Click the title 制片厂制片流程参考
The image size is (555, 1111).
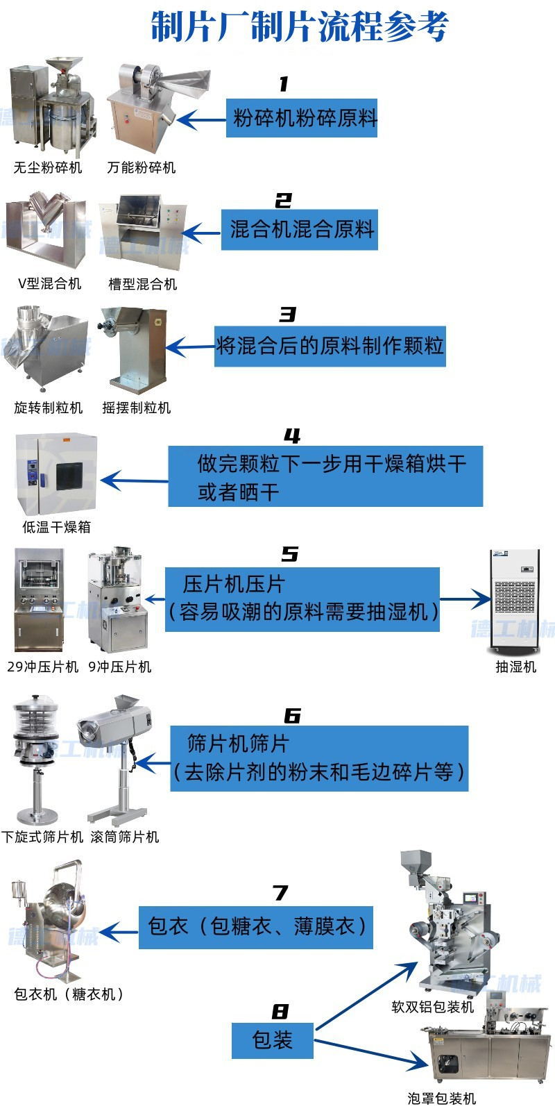pyautogui.click(x=300, y=28)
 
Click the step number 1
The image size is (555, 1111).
pyautogui.click(x=283, y=85)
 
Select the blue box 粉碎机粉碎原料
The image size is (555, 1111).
pyautogui.click(x=302, y=118)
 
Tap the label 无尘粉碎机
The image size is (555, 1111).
pyautogui.click(x=48, y=167)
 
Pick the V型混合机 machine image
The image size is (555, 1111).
pyautogui.click(x=46, y=230)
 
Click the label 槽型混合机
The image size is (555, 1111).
pyautogui.click(x=142, y=284)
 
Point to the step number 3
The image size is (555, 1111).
pyautogui.click(x=287, y=315)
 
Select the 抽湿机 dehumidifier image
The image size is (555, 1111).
pyautogui.click(x=515, y=601)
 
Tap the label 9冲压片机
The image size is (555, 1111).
pyautogui.click(x=120, y=667)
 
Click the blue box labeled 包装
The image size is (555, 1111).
pyautogui.click(x=272, y=1039)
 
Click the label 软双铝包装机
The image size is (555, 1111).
pyautogui.click(x=432, y=1007)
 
